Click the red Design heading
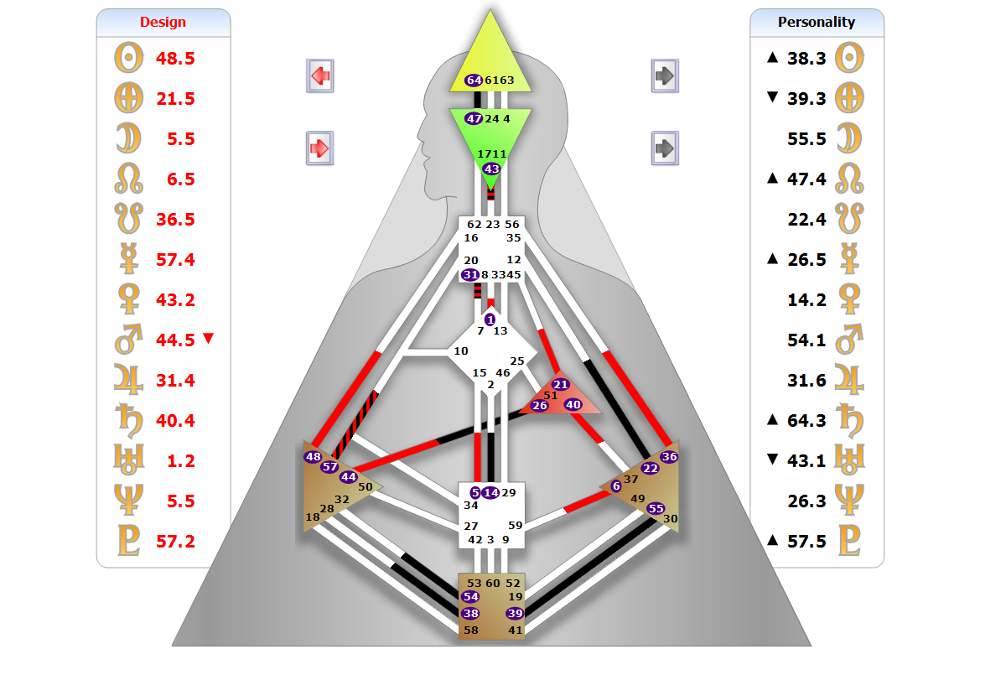(163, 22)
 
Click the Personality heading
(816, 22)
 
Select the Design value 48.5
(175, 59)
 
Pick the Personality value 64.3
(806, 421)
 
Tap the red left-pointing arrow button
(320, 75)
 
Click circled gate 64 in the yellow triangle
(474, 80)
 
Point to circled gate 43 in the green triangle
(491, 169)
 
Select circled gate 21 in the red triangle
(561, 384)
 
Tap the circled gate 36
(669, 457)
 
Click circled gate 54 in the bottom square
(470, 596)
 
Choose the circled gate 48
(313, 457)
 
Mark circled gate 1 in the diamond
(490, 319)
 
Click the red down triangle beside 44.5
(209, 339)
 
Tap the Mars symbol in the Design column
(129, 340)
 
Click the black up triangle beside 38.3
(772, 58)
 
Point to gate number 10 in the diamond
(461, 351)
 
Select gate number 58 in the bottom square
(471, 630)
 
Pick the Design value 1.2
(181, 461)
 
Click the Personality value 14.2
(806, 300)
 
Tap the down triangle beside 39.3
(772, 98)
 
